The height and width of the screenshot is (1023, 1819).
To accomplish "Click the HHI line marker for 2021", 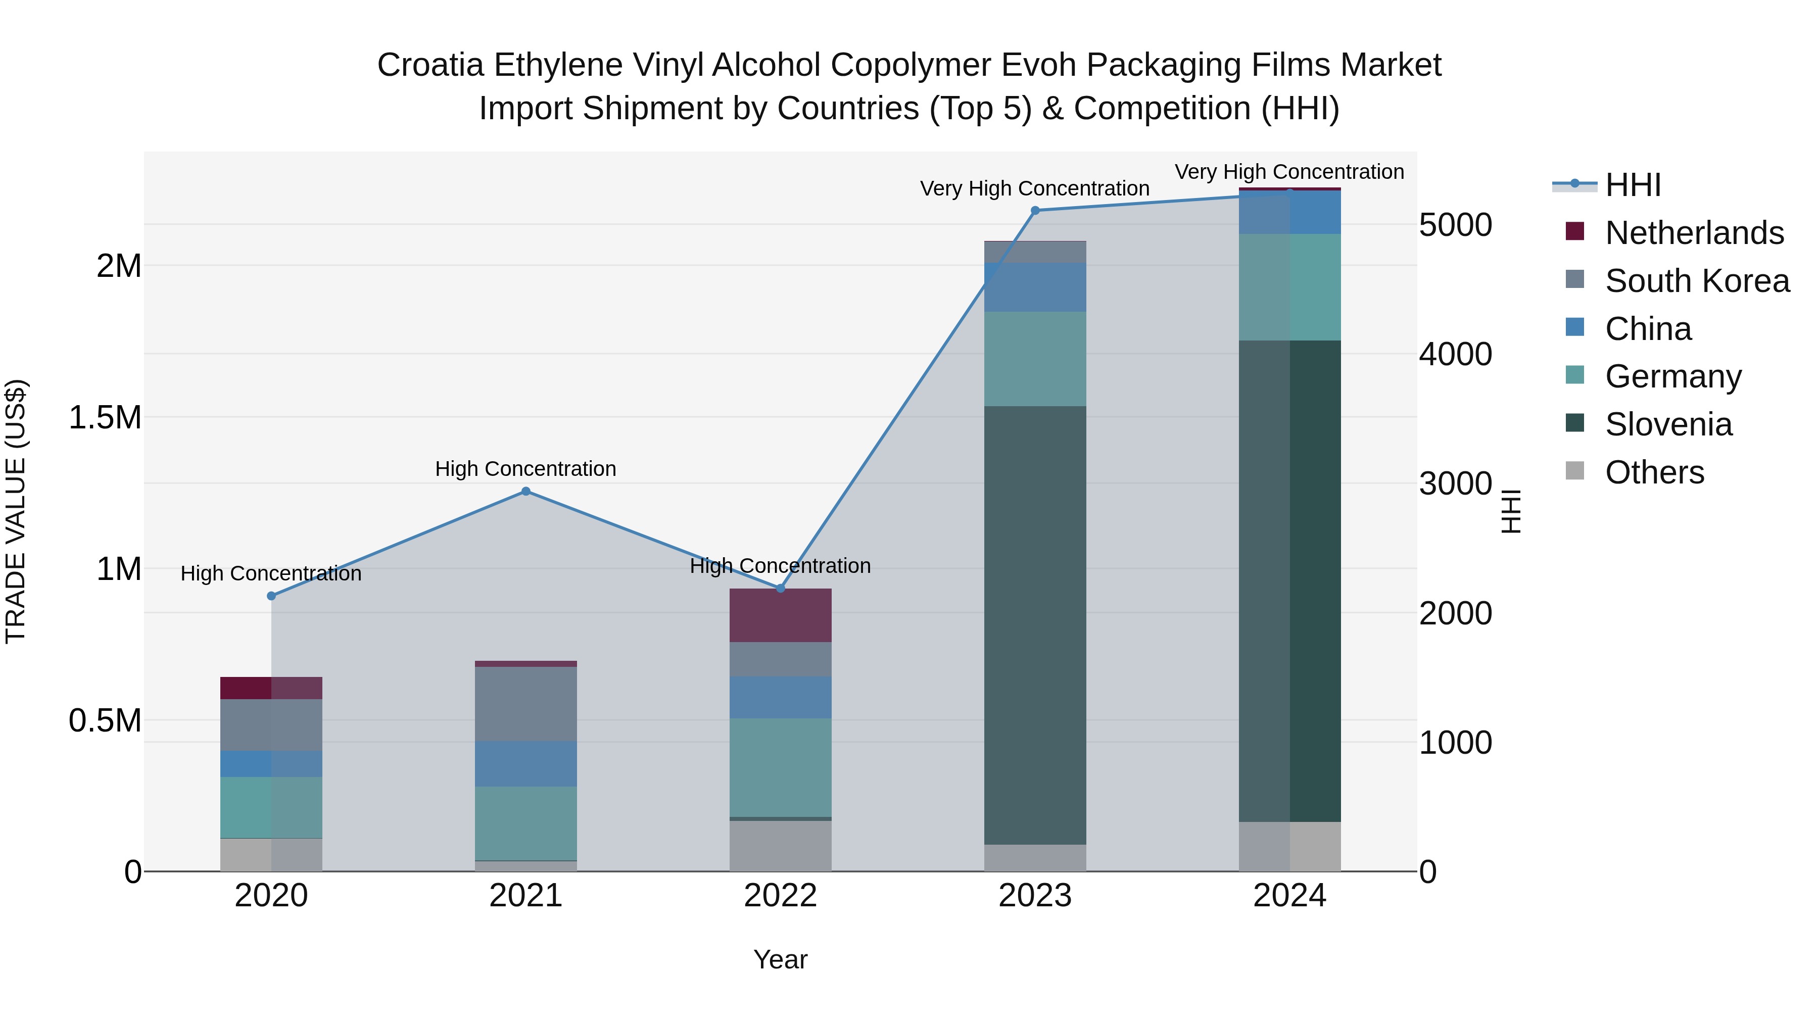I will (x=525, y=492).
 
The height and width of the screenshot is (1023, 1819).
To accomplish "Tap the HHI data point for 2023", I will (x=1035, y=210).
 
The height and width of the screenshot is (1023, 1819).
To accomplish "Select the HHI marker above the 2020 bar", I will (x=271, y=596).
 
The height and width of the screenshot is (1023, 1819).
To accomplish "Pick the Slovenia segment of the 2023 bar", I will (x=1035, y=625).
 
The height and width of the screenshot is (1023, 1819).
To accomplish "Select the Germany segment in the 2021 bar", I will (x=525, y=823).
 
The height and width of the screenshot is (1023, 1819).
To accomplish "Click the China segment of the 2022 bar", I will (x=780, y=698).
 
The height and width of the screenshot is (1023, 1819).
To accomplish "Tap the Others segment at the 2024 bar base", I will (x=1289, y=847).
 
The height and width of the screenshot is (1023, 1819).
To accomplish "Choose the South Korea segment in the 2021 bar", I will (x=525, y=704).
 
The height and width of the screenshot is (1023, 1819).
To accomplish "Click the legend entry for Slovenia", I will (x=1668, y=424).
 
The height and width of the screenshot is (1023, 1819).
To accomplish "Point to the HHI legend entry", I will (x=1633, y=185).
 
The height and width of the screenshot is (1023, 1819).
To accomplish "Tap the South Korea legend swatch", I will (x=1574, y=279).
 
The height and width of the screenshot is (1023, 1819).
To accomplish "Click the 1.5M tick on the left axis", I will (x=105, y=418).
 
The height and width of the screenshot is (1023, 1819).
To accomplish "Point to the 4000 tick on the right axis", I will (x=1455, y=355).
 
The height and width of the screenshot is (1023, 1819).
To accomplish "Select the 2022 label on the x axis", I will (x=780, y=896).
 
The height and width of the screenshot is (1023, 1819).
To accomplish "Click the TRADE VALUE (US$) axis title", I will (x=16, y=511).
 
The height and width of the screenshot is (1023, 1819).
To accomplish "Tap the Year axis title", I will (x=780, y=959).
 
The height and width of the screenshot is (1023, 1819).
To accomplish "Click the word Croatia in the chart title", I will (x=430, y=65).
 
